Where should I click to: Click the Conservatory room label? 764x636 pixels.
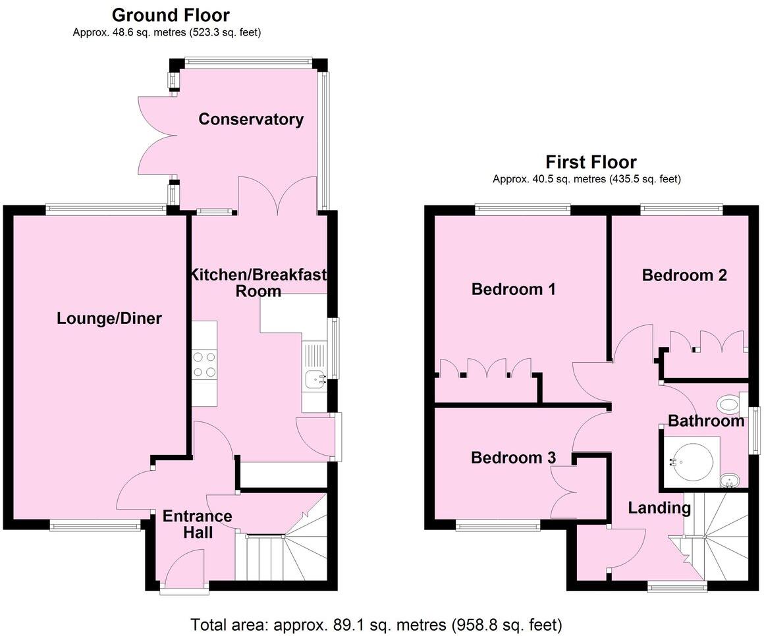[251, 119]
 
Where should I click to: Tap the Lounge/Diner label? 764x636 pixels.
[109, 319]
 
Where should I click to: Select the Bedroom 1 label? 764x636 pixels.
[514, 289]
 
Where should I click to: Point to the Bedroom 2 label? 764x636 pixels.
[684, 275]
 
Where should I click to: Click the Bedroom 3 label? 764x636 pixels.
[513, 458]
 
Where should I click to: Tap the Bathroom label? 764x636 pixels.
[706, 421]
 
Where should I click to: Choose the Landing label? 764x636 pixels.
[659, 508]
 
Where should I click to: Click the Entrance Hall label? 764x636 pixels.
[198, 524]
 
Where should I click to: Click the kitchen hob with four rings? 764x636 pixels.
[204, 364]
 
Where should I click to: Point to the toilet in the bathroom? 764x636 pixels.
[729, 402]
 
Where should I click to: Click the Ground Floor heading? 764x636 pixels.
[171, 14]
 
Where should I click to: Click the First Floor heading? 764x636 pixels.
[591, 162]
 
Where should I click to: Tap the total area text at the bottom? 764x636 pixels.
[376, 623]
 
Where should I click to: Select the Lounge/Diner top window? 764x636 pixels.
[106, 209]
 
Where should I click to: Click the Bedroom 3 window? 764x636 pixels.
[497, 525]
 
